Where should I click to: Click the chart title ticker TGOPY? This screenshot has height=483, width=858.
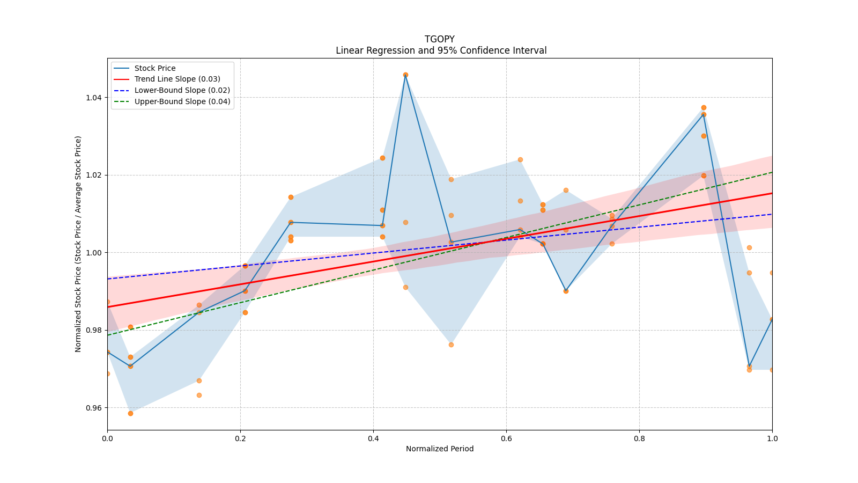tap(439, 39)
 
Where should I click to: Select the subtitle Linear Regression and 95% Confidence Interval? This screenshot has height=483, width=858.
tap(441, 50)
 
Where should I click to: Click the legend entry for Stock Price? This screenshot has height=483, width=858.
tap(155, 68)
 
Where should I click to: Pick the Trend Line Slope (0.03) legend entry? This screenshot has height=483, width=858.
tap(177, 79)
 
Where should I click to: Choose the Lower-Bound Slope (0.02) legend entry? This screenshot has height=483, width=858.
tap(182, 91)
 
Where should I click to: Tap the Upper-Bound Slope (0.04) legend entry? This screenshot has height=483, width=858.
tap(182, 101)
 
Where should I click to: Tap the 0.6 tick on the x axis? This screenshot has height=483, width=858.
tap(506, 438)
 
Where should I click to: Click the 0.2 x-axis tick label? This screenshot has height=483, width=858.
tap(240, 438)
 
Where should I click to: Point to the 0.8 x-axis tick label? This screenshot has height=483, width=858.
tap(639, 438)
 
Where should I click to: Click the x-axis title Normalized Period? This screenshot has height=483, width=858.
tap(440, 449)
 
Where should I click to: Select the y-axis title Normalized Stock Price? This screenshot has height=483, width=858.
tap(78, 244)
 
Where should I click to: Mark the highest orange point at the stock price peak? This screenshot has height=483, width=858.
tap(405, 75)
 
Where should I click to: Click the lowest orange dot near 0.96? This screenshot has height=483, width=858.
tap(130, 413)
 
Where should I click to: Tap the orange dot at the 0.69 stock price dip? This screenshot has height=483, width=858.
tap(566, 291)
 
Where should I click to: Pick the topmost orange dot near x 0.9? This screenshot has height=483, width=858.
tap(704, 108)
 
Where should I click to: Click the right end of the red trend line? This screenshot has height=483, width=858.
tap(772, 193)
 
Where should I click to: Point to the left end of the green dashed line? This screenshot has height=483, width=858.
tap(108, 335)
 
